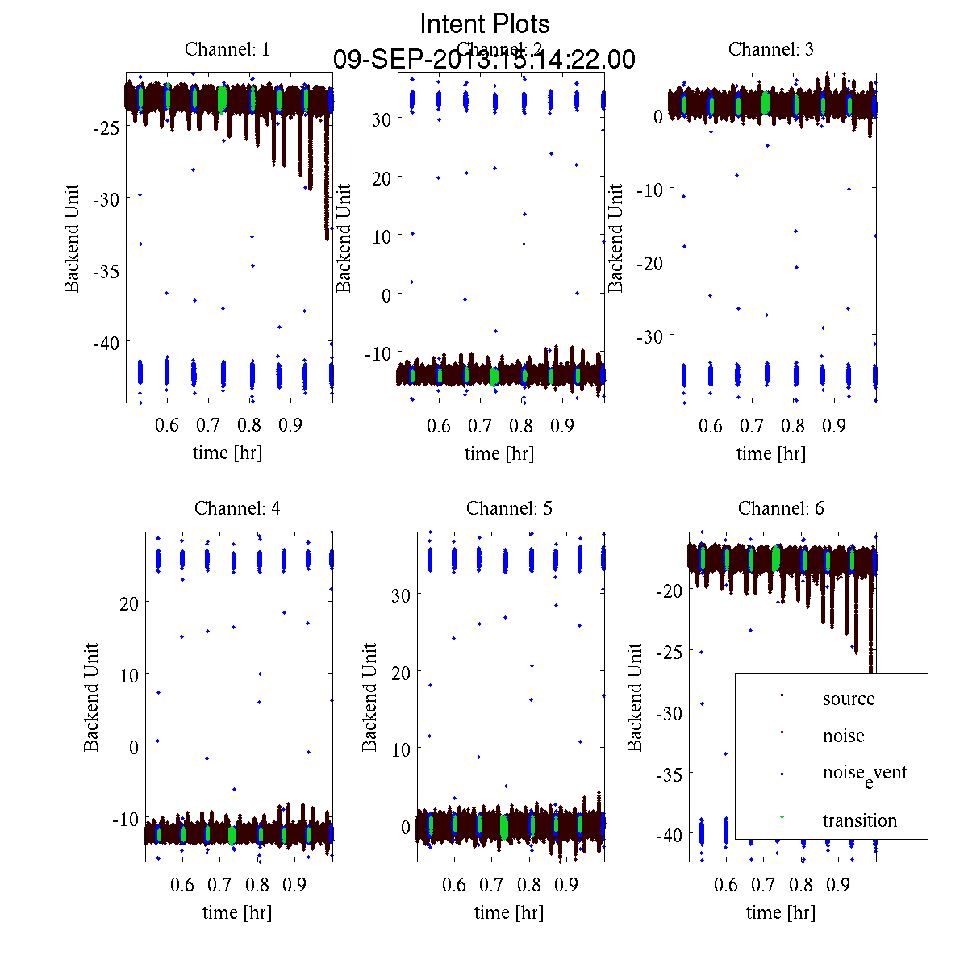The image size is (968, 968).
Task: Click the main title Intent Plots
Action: point(485,23)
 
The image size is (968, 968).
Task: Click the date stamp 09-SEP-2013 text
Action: point(484,60)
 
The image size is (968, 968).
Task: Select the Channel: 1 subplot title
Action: point(227,49)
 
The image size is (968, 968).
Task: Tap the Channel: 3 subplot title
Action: point(771,49)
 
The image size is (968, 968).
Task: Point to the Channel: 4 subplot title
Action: point(238,508)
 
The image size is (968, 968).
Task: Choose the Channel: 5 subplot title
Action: point(510,508)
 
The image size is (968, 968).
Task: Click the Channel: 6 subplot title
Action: point(781,508)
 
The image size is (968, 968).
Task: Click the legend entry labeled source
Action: point(849,699)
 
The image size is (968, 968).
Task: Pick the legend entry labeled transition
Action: point(860,820)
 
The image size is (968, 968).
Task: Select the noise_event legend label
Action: point(865,774)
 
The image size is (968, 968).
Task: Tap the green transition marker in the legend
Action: point(782,818)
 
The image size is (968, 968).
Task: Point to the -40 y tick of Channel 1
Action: point(106,343)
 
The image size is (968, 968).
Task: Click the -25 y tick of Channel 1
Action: point(106,127)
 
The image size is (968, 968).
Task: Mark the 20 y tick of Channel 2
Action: point(382,177)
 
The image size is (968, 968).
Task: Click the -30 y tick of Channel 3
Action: point(650,336)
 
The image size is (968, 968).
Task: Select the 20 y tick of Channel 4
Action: point(129,602)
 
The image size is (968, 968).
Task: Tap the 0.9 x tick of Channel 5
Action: point(566,885)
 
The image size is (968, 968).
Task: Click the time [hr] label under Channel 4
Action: point(237,912)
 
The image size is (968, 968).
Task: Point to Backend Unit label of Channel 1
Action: point(73,238)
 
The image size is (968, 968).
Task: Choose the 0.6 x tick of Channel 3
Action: point(711,425)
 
